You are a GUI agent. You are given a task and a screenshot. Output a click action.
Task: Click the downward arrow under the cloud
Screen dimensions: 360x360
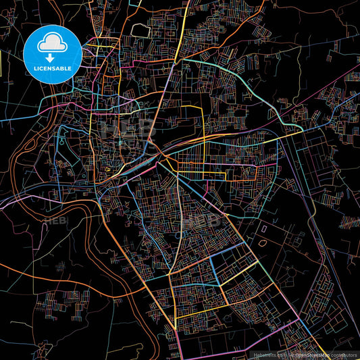pyautogui.click(x=52, y=55)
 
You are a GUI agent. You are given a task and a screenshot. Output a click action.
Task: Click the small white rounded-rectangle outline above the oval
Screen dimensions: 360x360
pyautogui.click(x=264, y=230)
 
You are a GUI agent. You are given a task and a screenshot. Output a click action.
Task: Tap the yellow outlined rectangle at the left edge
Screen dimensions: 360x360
pyautogui.click(x=3, y=66)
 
